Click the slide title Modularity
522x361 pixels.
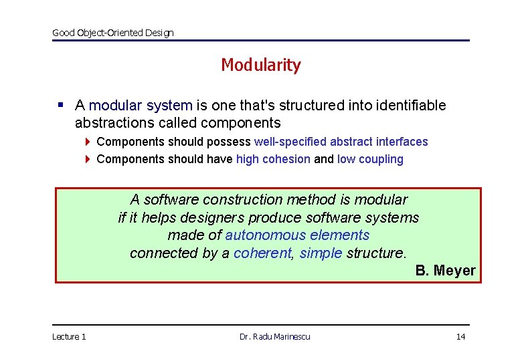pos(260,65)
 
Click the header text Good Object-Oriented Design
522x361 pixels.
pos(112,33)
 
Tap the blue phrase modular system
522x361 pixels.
pos(141,106)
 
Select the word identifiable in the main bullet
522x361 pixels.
pos(411,106)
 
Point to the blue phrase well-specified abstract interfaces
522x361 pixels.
pos(341,142)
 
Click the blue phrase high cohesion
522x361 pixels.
pos(273,159)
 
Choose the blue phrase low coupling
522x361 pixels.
pos(370,159)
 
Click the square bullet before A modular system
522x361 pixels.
pos(61,105)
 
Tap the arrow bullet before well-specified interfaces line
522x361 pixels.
pos(88,142)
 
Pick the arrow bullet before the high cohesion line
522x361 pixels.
pos(88,159)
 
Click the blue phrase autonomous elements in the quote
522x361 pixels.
pos(297,235)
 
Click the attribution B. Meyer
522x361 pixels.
pos(445,271)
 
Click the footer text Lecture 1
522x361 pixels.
pos(69,336)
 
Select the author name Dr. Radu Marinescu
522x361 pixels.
pos(274,336)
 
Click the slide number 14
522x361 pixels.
pos(460,336)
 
